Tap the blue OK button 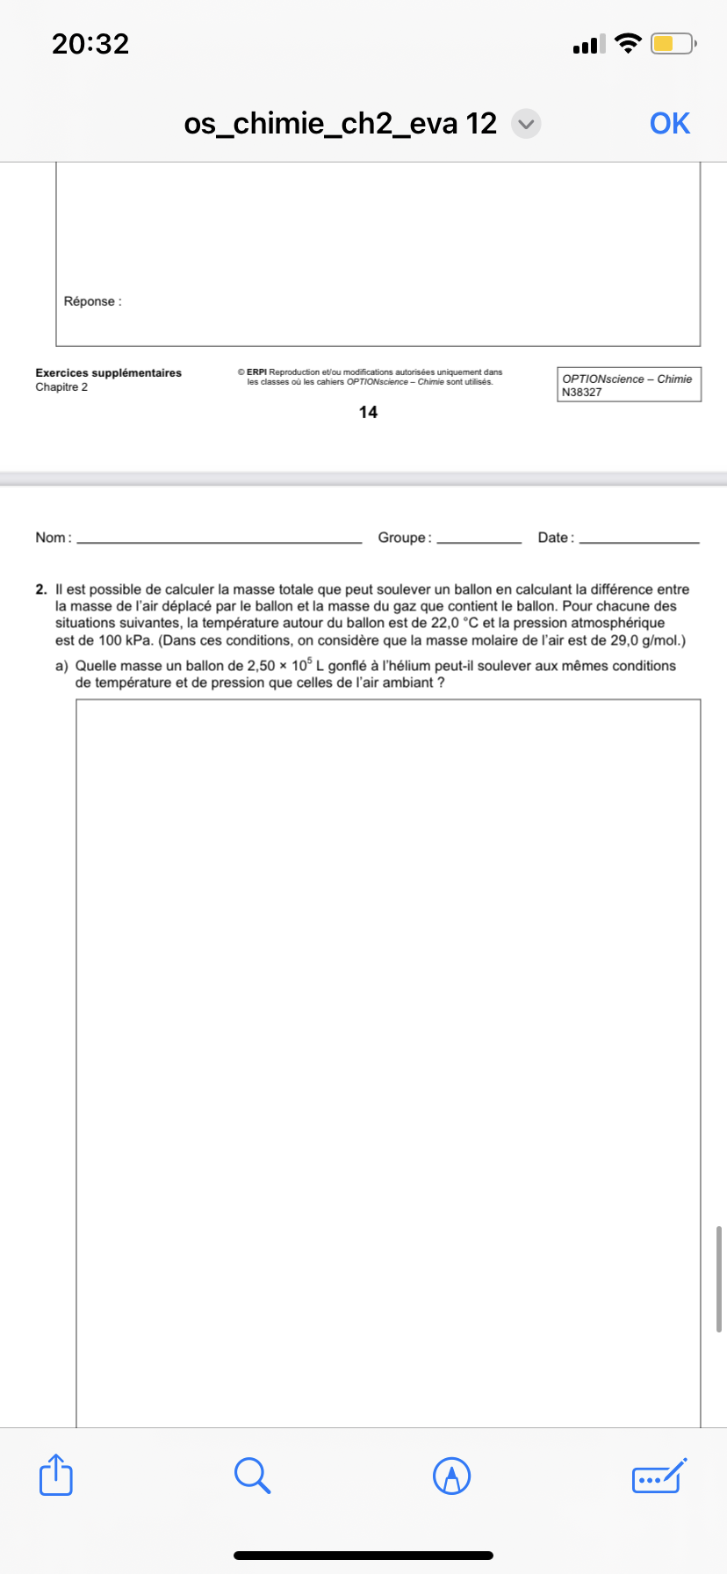point(669,124)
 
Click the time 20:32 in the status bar point(90,44)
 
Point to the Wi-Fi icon point(628,43)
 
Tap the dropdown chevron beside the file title point(526,124)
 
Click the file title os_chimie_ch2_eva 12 point(341,124)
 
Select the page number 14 point(368,412)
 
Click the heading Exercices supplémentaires point(108,372)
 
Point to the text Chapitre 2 point(61,387)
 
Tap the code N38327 point(582,392)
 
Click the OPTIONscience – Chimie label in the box point(627,379)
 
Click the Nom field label point(52,538)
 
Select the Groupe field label point(403,538)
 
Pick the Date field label point(555,538)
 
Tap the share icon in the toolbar point(56,1475)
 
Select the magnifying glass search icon point(252,1475)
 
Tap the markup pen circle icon point(452,1476)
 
